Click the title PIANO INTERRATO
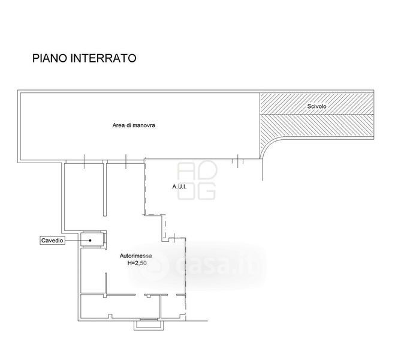(84, 58)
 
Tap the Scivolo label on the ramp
(316, 106)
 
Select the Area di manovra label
(134, 125)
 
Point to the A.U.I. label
(179, 187)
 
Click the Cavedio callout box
(52, 241)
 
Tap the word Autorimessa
(136, 256)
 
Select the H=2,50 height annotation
(137, 263)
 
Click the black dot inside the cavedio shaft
(90, 240)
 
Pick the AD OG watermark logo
(197, 181)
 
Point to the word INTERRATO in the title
(104, 58)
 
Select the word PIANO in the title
(50, 58)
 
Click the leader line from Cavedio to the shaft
(77, 240)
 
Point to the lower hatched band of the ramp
(316, 125)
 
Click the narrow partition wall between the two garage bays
(105, 190)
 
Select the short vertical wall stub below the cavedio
(105, 284)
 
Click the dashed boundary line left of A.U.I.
(145, 187)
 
